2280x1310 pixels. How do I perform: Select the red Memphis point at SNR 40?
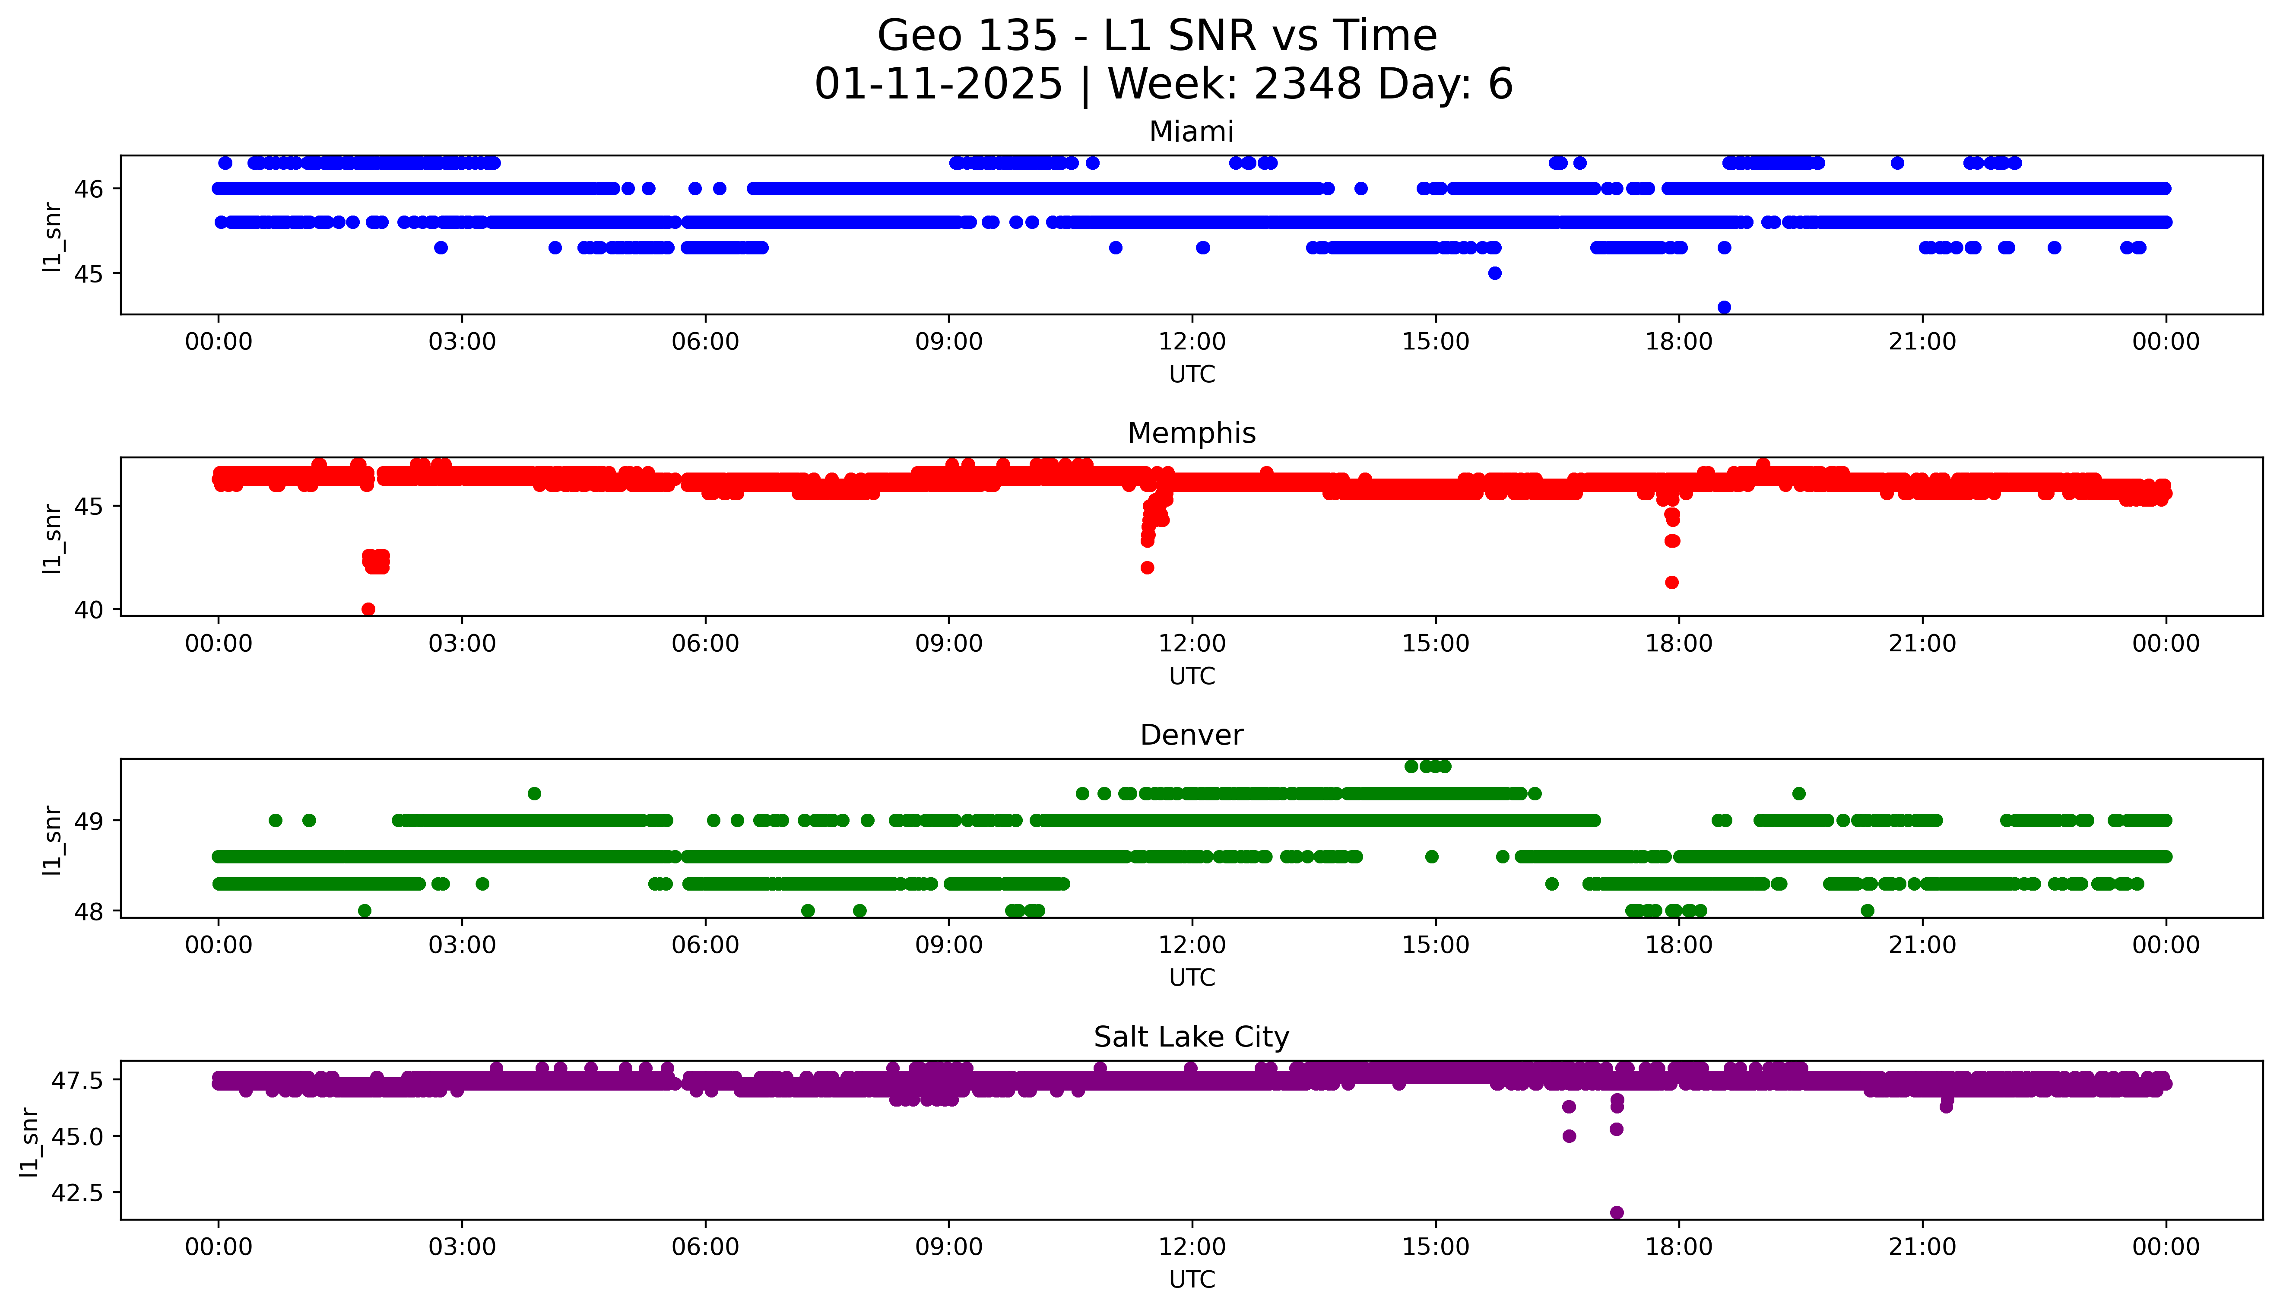368,609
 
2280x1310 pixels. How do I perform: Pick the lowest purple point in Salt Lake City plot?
1616,1212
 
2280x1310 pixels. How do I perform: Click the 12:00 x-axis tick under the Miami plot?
1192,342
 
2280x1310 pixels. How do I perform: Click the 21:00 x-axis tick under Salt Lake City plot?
1922,1247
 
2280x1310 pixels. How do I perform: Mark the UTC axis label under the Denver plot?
1192,977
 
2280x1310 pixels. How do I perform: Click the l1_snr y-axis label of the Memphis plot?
52,538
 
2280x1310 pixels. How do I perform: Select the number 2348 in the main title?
1308,85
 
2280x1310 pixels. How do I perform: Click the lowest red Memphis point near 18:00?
1671,582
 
